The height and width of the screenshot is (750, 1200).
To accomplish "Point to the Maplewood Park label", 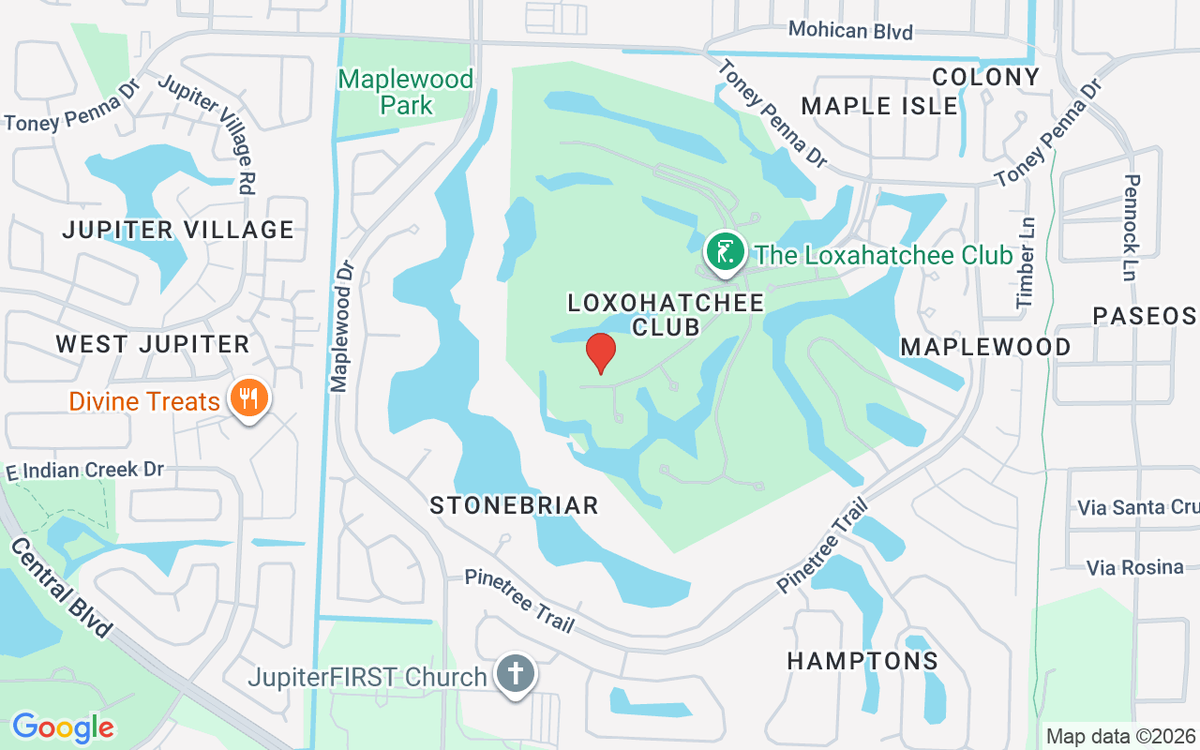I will (x=406, y=91).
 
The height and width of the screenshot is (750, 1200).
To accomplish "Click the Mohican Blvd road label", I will (x=850, y=30).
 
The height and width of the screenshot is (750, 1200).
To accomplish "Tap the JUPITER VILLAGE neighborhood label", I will (x=178, y=230).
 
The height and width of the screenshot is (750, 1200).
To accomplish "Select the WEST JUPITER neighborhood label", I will (x=153, y=344).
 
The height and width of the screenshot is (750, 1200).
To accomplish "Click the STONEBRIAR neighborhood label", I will (x=514, y=506).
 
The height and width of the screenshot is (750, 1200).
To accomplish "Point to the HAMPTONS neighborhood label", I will (x=862, y=661).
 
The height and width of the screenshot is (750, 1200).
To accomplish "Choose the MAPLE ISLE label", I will (x=879, y=106).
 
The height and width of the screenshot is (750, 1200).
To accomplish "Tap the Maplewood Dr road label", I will (x=342, y=326).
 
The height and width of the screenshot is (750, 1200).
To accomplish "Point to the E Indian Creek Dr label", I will (x=84, y=470).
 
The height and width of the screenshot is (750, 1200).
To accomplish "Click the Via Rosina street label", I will (x=1134, y=567).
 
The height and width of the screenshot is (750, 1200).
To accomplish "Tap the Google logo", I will (x=63, y=727).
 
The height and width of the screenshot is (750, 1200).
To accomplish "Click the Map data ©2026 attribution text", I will (x=1120, y=736).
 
